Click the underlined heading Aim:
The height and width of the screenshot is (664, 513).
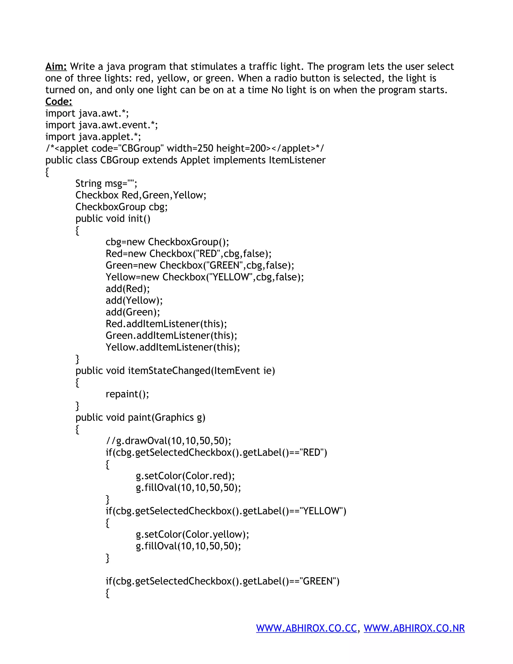(56, 67)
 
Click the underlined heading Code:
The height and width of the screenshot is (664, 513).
(59, 101)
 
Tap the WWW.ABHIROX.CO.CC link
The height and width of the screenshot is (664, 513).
(306, 628)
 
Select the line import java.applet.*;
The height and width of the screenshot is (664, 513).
(93, 137)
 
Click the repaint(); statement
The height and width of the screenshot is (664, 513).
(127, 394)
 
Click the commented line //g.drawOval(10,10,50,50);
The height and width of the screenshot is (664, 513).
(168, 441)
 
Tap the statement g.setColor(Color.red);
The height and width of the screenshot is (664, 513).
(185, 476)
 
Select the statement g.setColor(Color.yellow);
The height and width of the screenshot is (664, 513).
(192, 534)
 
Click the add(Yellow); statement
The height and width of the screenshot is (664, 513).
(134, 301)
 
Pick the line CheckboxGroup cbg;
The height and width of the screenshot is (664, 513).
(121, 207)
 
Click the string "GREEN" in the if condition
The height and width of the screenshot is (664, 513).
(319, 581)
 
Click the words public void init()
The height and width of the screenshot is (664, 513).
(113, 218)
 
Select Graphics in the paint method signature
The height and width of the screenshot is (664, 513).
(174, 418)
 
